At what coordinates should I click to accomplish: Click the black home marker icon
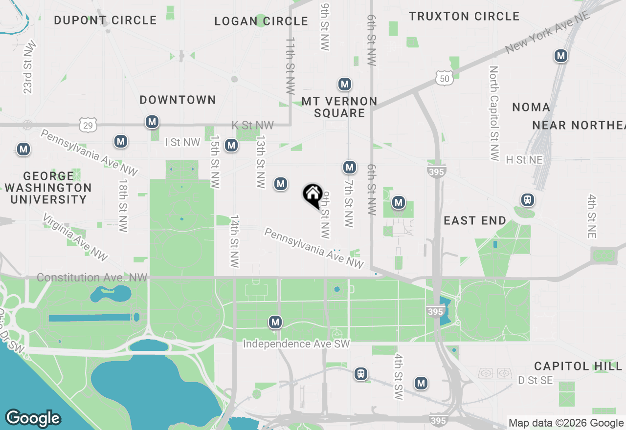(313, 195)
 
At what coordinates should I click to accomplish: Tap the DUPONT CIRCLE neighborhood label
(105, 21)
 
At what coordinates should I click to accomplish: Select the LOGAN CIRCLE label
(261, 21)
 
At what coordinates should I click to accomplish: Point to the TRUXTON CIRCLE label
(464, 17)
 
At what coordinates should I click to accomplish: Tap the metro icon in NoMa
(561, 56)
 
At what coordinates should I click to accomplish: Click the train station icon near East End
(527, 199)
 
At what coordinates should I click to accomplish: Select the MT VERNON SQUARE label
(339, 107)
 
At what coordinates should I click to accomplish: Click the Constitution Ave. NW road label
(92, 278)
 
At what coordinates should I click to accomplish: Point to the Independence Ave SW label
(296, 344)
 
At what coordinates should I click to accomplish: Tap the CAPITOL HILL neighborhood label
(578, 366)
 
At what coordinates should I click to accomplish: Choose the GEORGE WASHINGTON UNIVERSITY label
(48, 188)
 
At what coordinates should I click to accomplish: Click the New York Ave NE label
(548, 32)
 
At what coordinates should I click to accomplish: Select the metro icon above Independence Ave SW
(275, 322)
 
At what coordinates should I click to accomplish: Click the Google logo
(33, 418)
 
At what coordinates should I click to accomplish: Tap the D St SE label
(535, 380)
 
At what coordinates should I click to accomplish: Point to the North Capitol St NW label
(494, 113)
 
